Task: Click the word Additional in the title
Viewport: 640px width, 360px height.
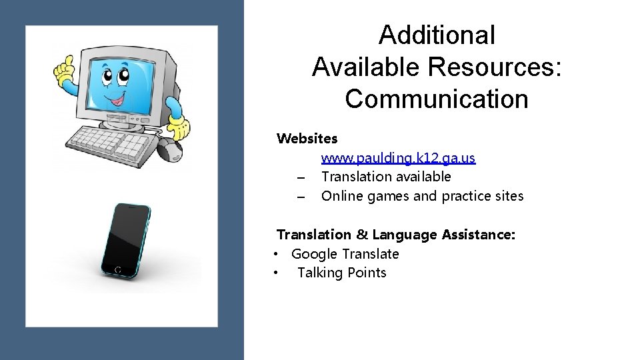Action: tap(437, 35)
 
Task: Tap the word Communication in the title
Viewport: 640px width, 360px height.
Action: tap(437, 98)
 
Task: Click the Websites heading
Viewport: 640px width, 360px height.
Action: tap(307, 139)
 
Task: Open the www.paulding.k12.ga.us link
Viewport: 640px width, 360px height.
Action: tap(398, 158)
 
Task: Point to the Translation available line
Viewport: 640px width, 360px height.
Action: tap(386, 177)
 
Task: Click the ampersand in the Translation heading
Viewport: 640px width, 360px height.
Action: tap(361, 235)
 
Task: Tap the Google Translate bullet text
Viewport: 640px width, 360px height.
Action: tap(345, 254)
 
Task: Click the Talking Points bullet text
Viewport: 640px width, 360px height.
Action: tap(341, 273)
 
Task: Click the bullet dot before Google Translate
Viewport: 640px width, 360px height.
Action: tap(275, 254)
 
